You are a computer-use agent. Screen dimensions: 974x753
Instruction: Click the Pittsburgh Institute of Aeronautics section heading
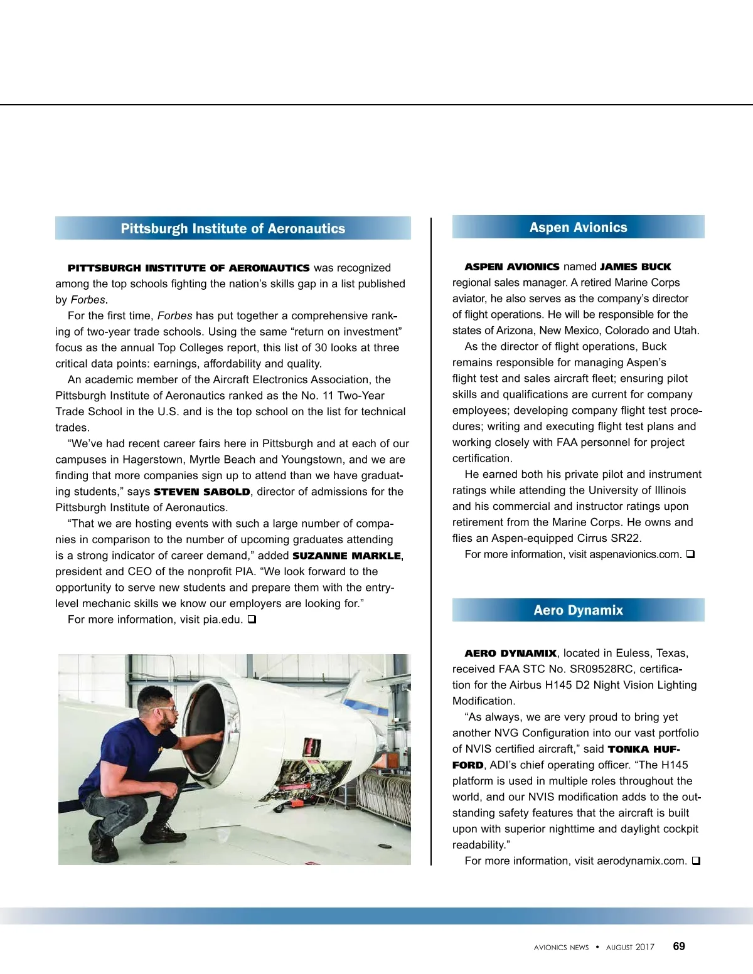point(233,228)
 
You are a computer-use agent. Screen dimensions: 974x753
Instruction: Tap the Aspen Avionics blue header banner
point(578,227)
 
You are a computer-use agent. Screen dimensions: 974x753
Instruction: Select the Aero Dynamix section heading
point(578,610)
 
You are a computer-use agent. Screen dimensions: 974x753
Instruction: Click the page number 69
point(679,946)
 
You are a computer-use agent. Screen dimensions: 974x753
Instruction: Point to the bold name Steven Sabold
point(202,492)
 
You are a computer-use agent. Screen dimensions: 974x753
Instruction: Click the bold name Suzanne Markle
point(346,556)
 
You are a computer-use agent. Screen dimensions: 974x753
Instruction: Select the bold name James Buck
point(635,267)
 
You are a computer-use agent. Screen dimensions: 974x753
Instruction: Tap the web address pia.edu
point(223,620)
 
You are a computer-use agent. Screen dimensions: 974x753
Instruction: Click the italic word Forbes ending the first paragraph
point(88,300)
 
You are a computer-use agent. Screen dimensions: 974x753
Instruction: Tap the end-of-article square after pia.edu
point(252,620)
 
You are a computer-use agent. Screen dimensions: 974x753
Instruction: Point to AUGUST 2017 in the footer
point(630,947)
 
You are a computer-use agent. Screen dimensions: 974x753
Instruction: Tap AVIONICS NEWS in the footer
point(561,947)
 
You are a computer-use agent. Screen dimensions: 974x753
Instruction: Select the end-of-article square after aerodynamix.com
point(695,861)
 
